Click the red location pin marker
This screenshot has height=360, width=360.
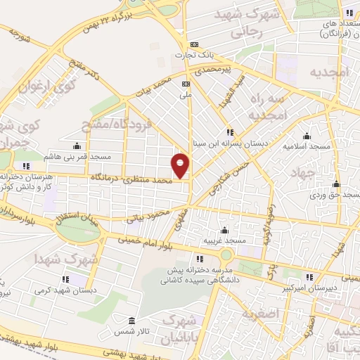tap(181, 165)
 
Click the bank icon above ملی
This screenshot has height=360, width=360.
tap(186, 83)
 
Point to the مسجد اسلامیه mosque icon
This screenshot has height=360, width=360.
tap(307, 136)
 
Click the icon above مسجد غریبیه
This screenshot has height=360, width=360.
tap(224, 230)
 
